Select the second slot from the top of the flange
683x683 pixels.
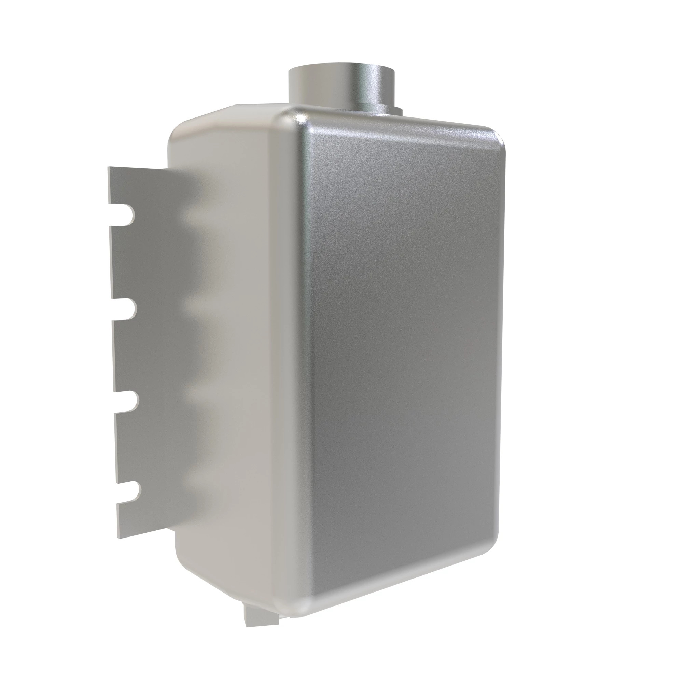coord(125,310)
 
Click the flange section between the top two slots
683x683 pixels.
coord(149,262)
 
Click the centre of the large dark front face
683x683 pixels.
coord(403,353)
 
